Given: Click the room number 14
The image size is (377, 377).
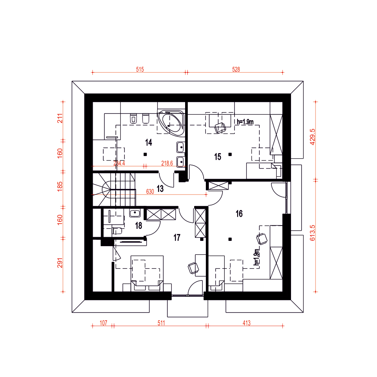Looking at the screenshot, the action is click(x=149, y=143).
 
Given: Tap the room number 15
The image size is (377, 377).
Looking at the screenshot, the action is click(x=218, y=157).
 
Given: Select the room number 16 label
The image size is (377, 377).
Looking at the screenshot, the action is click(x=239, y=213).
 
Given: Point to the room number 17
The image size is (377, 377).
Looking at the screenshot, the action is click(x=177, y=238).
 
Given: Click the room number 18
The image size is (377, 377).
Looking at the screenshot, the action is click(x=138, y=225).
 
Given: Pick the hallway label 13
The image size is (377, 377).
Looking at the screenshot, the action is click(x=160, y=188).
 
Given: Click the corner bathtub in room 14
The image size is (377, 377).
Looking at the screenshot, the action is click(x=171, y=122).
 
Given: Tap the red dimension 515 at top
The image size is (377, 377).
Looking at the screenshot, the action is click(x=140, y=69).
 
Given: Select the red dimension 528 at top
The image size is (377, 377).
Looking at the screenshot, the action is click(x=236, y=69).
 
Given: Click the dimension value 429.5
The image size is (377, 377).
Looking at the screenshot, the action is click(x=312, y=137).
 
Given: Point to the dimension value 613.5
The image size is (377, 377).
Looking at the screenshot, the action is click(x=312, y=233).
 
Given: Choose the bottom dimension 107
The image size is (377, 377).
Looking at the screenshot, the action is click(x=103, y=323).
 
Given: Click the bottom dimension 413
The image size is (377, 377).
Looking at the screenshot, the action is click(x=247, y=323).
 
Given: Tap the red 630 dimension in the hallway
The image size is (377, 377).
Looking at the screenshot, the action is click(x=150, y=192).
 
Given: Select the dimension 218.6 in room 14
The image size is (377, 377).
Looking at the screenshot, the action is click(x=167, y=163).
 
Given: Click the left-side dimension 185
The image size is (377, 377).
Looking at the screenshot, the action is click(x=60, y=187).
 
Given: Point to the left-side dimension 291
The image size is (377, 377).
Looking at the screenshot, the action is click(x=60, y=262).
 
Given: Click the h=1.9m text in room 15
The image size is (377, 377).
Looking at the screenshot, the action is click(x=245, y=122).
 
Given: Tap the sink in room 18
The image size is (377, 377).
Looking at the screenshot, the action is click(x=135, y=213).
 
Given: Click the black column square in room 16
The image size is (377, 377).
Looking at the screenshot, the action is click(x=230, y=239).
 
